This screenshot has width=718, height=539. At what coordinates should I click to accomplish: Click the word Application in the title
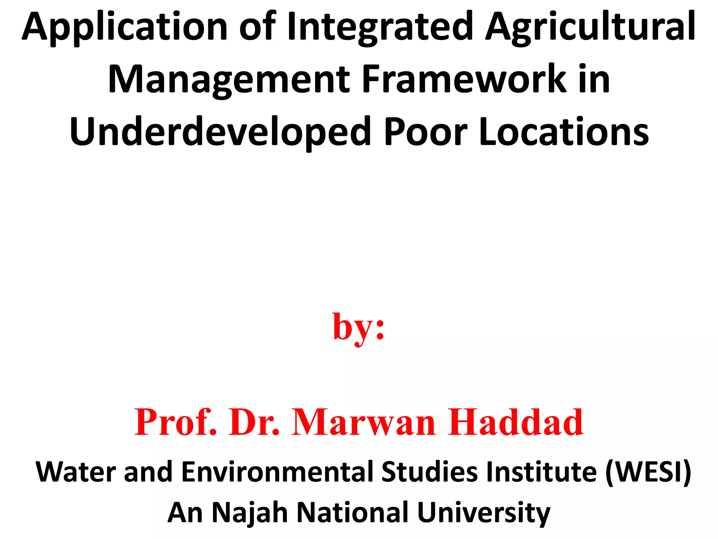pyautogui.click(x=125, y=28)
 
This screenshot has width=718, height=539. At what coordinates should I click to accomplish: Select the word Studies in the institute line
pyautogui.click(x=429, y=472)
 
